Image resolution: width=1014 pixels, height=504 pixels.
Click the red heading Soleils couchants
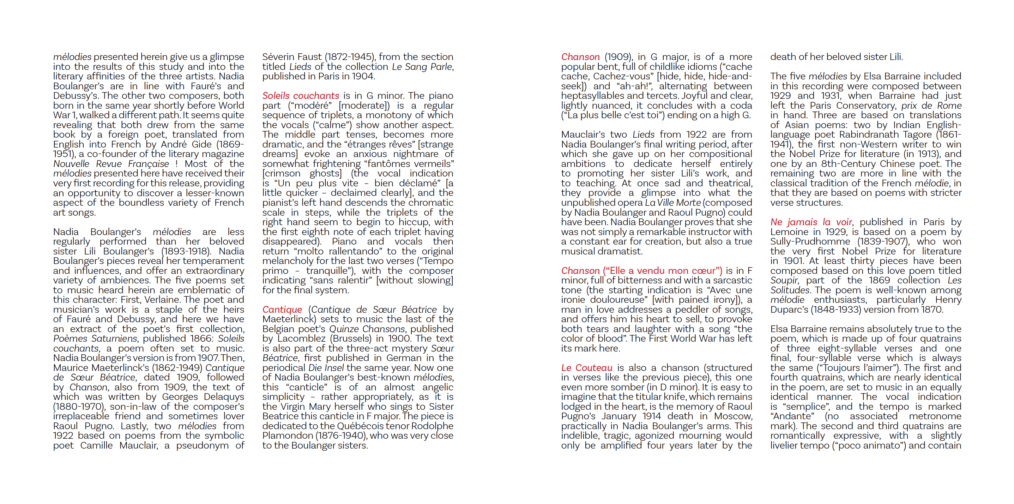click(300, 96)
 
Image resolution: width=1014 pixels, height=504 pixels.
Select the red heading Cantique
click(282, 310)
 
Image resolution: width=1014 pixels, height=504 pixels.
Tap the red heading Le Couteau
click(586, 368)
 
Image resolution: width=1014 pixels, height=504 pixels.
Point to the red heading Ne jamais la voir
click(811, 222)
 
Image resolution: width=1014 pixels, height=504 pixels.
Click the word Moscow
click(732, 416)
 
